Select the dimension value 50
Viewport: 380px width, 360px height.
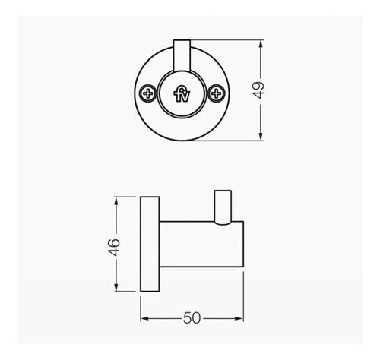pos(193,318)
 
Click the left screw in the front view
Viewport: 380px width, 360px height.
pos(147,94)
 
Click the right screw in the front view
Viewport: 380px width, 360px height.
pos(217,94)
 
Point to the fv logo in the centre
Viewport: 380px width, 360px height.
pos(182,94)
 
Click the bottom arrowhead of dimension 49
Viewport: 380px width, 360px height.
pos(261,137)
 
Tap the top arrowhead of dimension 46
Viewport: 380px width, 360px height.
pos(116,201)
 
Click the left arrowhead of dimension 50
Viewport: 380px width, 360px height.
pos(145,320)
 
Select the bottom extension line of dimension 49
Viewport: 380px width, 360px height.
pos(228,141)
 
